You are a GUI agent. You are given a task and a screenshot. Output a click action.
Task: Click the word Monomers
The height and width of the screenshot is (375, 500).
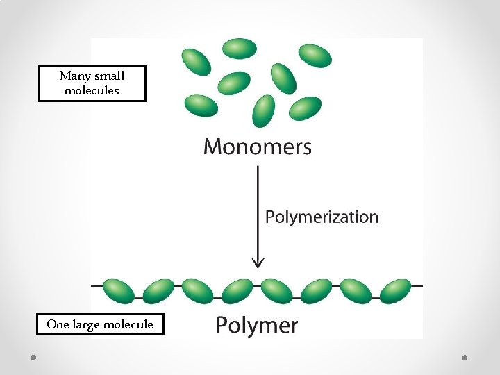[257, 147]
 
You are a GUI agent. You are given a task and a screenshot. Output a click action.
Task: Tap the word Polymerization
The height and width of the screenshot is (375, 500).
[322, 217]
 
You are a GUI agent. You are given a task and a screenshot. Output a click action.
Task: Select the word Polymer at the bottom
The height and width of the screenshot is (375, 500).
[256, 325]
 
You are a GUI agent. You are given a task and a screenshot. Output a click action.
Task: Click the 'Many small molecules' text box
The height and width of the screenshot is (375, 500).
[92, 83]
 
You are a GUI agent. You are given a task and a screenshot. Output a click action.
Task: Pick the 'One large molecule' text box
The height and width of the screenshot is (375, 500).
[100, 324]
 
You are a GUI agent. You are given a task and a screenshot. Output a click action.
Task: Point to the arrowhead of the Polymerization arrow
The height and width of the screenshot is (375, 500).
[258, 262]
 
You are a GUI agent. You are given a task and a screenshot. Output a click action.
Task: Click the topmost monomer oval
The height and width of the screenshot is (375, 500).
[240, 49]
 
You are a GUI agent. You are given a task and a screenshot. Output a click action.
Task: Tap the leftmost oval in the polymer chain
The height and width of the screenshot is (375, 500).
[118, 291]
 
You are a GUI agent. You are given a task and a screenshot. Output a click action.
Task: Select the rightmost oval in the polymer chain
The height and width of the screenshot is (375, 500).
[395, 291]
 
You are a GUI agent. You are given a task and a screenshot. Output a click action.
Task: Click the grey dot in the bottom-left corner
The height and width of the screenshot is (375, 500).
[33, 357]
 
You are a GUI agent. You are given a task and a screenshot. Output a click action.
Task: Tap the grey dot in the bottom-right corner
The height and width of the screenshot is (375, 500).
[465, 357]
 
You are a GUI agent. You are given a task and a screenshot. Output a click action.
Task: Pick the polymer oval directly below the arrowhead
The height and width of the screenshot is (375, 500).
[276, 291]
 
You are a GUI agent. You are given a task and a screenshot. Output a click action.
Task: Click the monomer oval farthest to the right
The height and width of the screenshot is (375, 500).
[315, 56]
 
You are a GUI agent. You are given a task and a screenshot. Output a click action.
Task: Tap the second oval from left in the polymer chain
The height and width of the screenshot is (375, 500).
[158, 291]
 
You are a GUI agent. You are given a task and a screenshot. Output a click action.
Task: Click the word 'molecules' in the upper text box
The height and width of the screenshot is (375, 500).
[92, 91]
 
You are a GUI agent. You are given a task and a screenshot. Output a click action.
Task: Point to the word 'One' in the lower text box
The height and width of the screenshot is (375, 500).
[58, 324]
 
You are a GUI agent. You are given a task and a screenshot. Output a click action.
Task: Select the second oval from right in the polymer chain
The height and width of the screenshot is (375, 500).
[356, 291]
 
